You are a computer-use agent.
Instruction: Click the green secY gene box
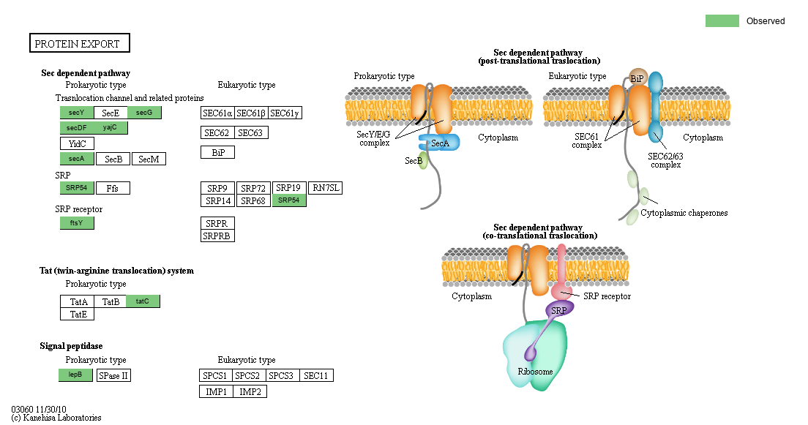click(x=77, y=113)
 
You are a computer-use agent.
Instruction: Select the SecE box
click(x=111, y=113)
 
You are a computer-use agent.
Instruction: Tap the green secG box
click(x=144, y=113)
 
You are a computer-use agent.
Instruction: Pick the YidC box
click(x=77, y=143)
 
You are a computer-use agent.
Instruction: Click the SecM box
click(x=149, y=159)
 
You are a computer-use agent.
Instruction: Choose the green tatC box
click(x=143, y=301)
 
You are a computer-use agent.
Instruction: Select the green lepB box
click(x=76, y=375)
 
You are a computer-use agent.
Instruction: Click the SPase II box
click(x=113, y=375)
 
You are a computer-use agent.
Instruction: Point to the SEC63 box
click(x=250, y=132)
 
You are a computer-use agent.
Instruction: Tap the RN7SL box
click(x=325, y=188)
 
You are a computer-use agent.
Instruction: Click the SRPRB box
click(x=217, y=236)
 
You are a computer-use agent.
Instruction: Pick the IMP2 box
click(x=250, y=391)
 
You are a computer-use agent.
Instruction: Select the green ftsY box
click(x=77, y=223)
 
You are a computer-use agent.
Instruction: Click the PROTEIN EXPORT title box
click(x=79, y=44)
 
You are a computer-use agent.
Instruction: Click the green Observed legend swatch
click(x=722, y=21)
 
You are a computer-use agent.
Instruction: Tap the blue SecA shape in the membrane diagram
click(x=439, y=143)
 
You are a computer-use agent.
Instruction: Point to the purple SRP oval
click(x=560, y=309)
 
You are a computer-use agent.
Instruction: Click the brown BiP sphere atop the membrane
click(x=637, y=77)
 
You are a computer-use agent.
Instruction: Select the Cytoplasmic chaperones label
click(x=684, y=213)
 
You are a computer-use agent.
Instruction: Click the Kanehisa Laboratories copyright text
click(x=56, y=418)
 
